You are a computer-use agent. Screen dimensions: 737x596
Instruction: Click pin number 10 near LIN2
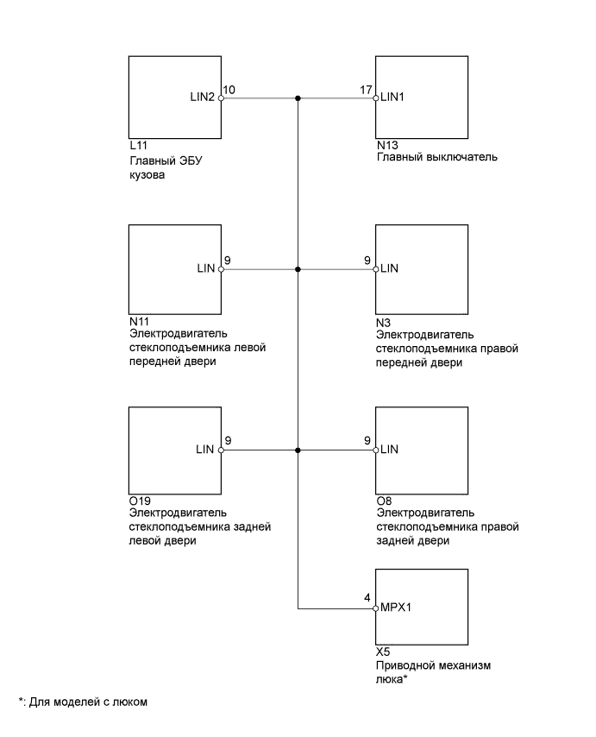point(229,90)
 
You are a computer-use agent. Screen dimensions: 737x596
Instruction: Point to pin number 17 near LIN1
point(366,90)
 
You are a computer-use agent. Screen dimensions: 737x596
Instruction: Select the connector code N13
point(386,147)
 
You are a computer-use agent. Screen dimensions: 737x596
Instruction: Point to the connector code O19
point(137,500)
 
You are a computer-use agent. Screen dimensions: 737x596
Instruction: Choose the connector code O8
point(383,500)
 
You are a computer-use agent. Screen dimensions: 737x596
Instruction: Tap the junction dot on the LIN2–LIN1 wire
point(298,98)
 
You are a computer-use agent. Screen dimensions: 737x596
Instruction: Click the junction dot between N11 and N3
point(298,269)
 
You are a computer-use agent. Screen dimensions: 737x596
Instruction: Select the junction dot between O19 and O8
point(298,450)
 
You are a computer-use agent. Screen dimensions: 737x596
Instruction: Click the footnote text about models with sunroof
point(83,702)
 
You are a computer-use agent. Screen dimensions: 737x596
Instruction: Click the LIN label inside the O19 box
point(205,450)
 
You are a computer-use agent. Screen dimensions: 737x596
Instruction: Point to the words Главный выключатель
point(437,159)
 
